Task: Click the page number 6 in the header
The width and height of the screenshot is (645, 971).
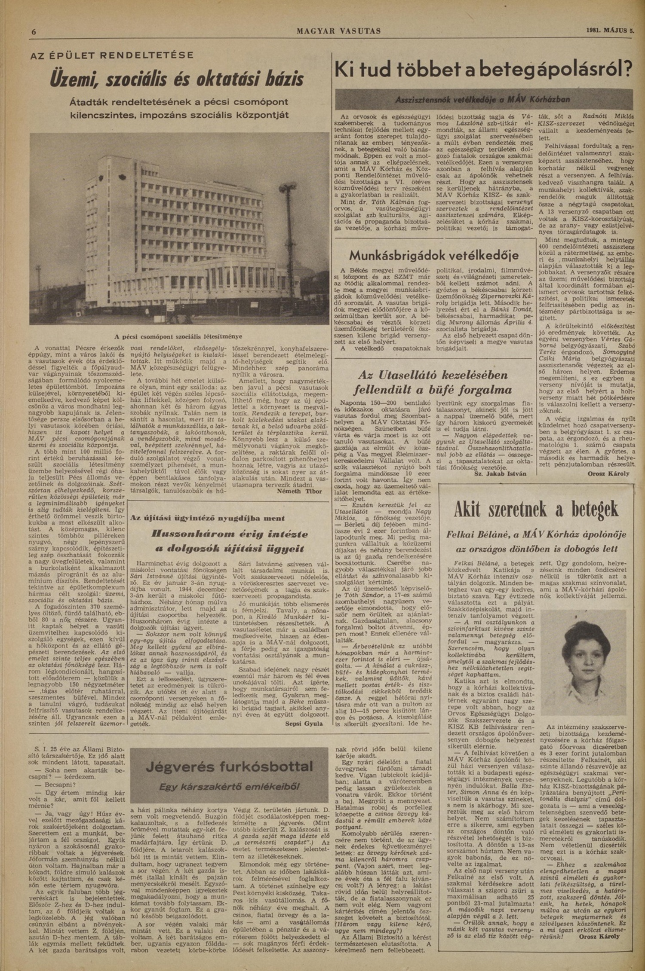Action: (33, 32)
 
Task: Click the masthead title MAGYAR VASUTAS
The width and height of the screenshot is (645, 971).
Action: (338, 31)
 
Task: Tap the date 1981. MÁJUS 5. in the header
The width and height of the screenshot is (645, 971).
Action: (609, 31)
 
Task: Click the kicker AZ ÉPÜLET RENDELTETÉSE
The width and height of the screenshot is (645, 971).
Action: (112, 55)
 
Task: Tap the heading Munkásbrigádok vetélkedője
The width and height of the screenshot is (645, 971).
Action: (434, 256)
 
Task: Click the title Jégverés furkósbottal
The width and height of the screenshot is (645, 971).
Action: (229, 766)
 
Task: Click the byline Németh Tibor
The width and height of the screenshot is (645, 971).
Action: (299, 491)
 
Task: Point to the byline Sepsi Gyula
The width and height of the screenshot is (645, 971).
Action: (304, 724)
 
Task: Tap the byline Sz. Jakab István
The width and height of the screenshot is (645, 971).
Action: (500, 473)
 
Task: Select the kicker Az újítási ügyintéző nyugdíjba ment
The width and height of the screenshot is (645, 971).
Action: (207, 519)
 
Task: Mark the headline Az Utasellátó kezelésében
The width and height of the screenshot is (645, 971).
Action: (433, 375)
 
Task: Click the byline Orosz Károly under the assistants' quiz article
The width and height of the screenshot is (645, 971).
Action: (608, 473)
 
